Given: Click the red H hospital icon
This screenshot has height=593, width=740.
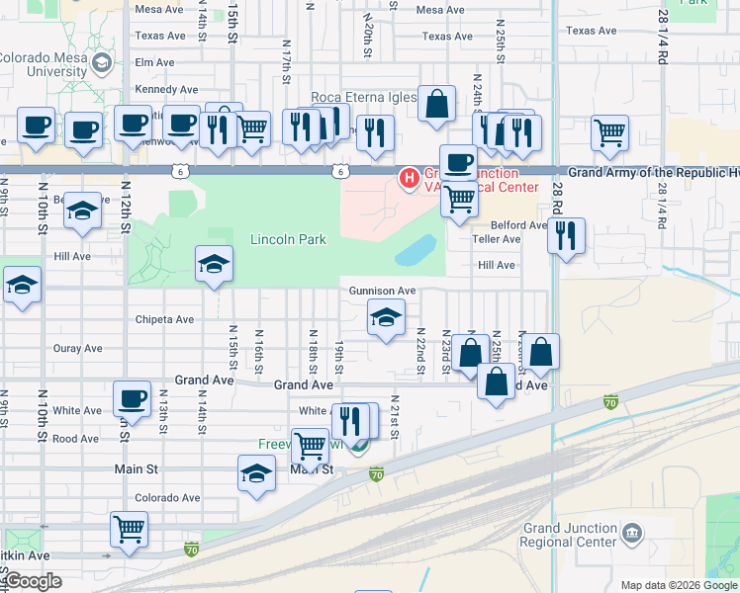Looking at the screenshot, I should point(407,178).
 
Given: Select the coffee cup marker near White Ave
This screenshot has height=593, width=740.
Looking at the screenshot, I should point(133,398).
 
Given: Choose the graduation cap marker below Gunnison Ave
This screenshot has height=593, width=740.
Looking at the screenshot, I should point(386,316).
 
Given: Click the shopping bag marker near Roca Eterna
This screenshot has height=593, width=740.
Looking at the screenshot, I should point(436,103).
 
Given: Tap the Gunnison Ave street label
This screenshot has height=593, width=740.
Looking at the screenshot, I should point(382,291).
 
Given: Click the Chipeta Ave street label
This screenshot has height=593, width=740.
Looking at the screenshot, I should point(164,319).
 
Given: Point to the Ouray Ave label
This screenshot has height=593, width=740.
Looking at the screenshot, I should point(78,348).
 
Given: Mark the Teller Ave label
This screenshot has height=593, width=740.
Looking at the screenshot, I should point(497,239).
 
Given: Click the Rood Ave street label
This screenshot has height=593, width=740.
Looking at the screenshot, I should point(77,439).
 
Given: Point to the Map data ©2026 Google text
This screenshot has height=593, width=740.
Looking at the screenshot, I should point(678,585).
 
